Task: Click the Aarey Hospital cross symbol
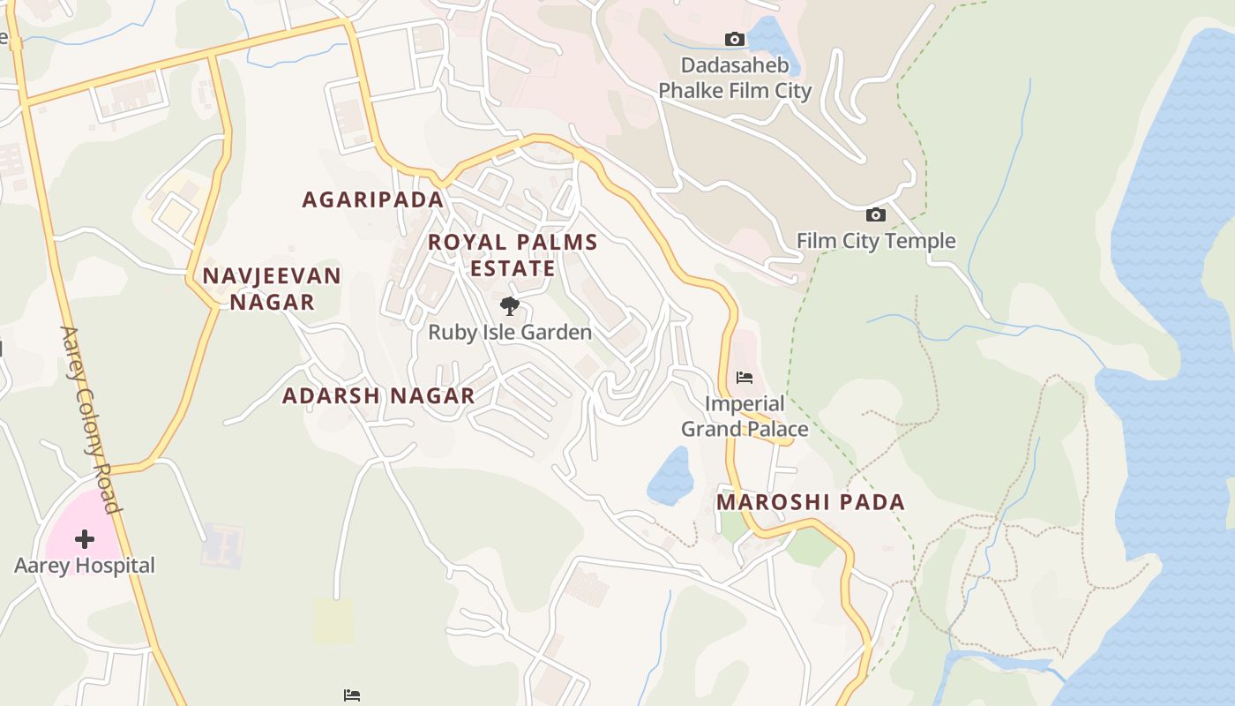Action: (x=85, y=538)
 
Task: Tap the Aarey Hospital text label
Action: (x=85, y=566)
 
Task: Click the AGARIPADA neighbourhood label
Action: (x=372, y=199)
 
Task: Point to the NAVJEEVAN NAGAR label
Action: (x=271, y=289)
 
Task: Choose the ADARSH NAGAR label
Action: (x=378, y=396)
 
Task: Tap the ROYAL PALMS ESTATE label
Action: (x=513, y=255)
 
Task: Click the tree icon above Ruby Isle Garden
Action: (x=509, y=306)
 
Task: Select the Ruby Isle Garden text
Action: (x=510, y=333)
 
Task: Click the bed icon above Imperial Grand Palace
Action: (x=745, y=378)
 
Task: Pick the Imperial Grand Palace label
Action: (x=745, y=417)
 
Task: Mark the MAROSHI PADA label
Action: (x=810, y=502)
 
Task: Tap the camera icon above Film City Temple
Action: (x=875, y=214)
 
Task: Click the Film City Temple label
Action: (x=875, y=241)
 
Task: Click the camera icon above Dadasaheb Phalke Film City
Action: (x=734, y=39)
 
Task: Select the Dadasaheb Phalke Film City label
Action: (x=734, y=78)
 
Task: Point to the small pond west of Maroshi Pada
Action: (x=671, y=477)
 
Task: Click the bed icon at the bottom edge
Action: (x=351, y=695)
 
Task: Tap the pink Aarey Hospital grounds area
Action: (x=66, y=521)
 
